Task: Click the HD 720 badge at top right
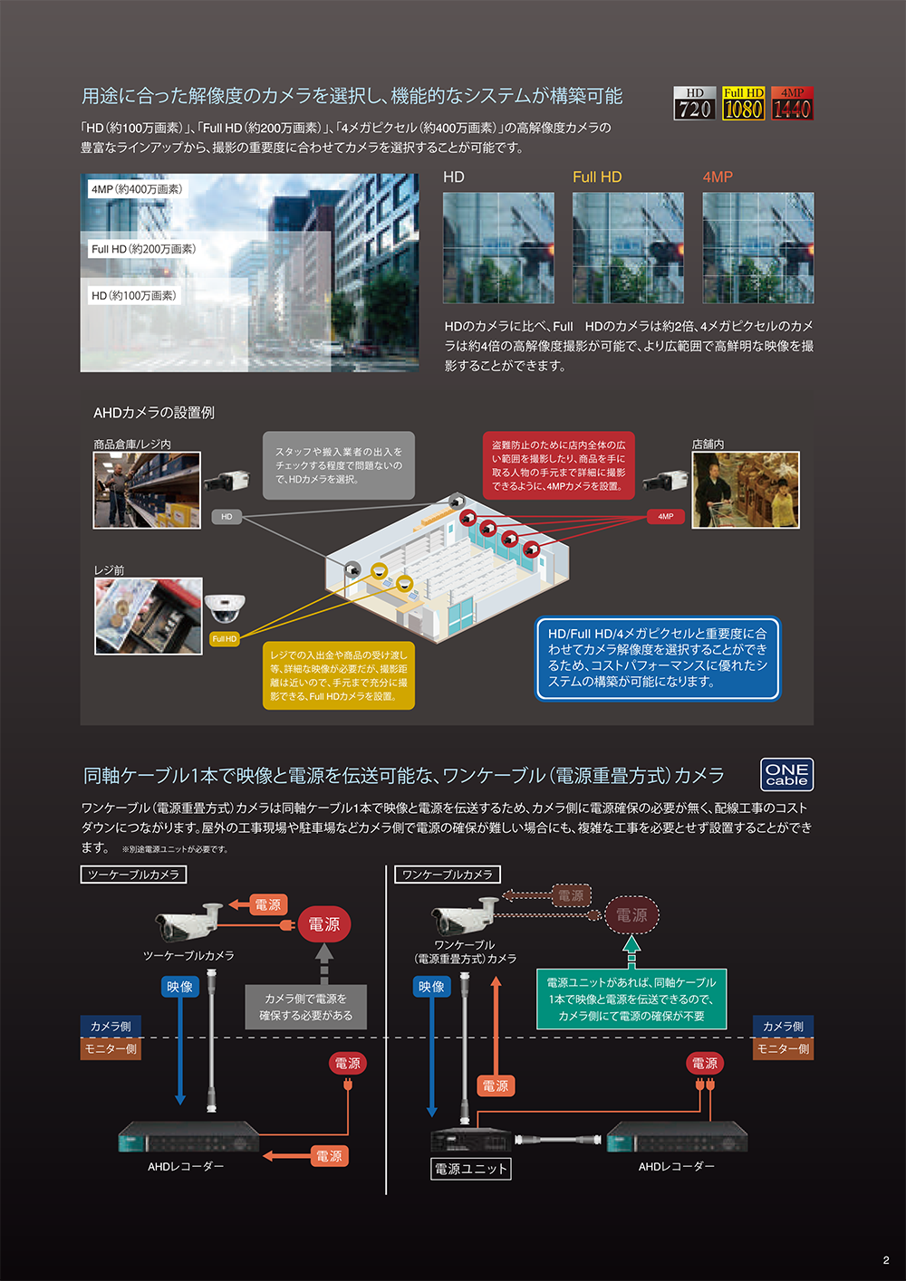pyautogui.click(x=695, y=103)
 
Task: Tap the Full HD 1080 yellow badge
pyautogui.click(x=743, y=103)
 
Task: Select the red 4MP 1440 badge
pyautogui.click(x=792, y=103)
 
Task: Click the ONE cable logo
pyautogui.click(x=786, y=775)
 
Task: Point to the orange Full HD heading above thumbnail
pyautogui.click(x=597, y=177)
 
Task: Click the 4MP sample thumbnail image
pyautogui.click(x=758, y=247)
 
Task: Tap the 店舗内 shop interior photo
pyautogui.click(x=746, y=490)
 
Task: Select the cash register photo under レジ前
pyautogui.click(x=149, y=617)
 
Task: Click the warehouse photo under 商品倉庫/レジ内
pyautogui.click(x=147, y=490)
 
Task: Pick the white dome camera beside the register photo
pyautogui.click(x=224, y=607)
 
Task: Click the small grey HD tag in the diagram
pyautogui.click(x=226, y=517)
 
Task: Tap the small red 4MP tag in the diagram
pyautogui.click(x=666, y=516)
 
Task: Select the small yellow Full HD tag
pyautogui.click(x=225, y=639)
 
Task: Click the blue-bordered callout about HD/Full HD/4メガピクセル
pyautogui.click(x=658, y=658)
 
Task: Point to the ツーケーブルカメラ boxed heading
pyautogui.click(x=134, y=875)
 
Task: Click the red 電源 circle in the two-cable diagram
pyautogui.click(x=323, y=924)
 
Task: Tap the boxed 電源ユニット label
pyautogui.click(x=471, y=1169)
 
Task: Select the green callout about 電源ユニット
pyautogui.click(x=631, y=999)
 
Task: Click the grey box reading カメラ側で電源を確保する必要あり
pyautogui.click(x=306, y=1007)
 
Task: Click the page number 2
pyautogui.click(x=886, y=1260)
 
